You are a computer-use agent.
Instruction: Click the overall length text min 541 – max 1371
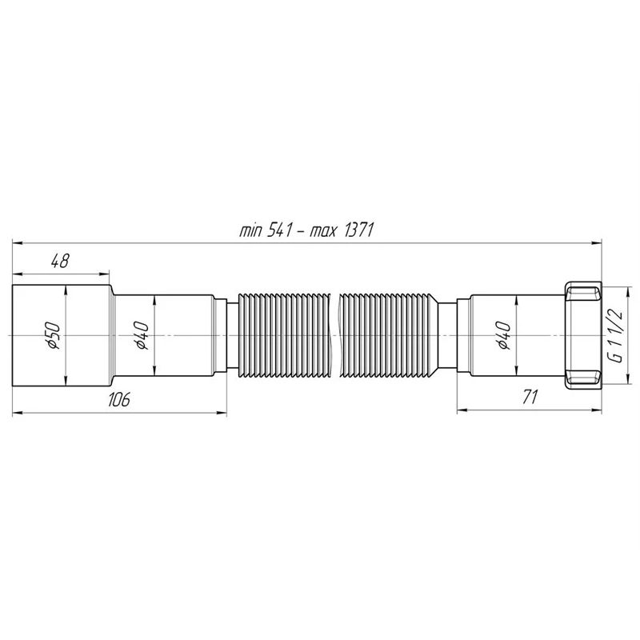(307, 230)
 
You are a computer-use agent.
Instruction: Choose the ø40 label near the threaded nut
(502, 335)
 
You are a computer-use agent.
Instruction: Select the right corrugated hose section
(388, 334)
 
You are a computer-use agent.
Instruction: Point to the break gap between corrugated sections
(335, 334)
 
